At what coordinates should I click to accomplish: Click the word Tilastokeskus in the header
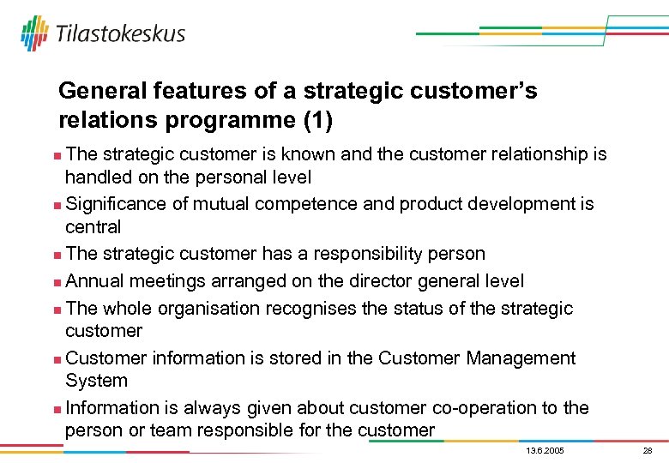[x=120, y=34]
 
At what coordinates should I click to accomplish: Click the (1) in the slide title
[x=316, y=121]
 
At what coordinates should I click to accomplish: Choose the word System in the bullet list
[x=96, y=381]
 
